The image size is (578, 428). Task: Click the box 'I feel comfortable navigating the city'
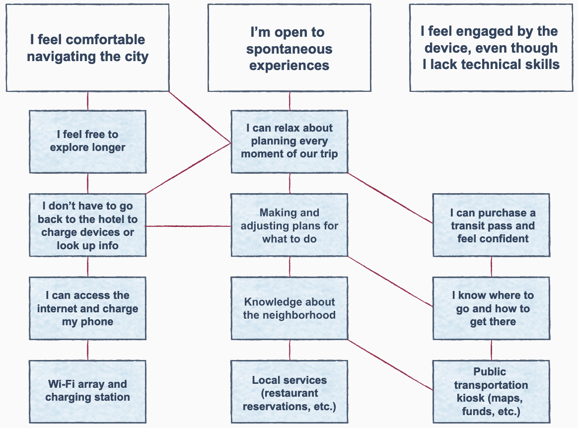click(x=87, y=48)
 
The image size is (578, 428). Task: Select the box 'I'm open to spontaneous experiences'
click(x=289, y=48)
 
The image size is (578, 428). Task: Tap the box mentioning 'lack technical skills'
click(x=491, y=48)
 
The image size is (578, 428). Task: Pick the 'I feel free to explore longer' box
click(x=87, y=141)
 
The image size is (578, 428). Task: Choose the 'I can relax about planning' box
click(x=289, y=141)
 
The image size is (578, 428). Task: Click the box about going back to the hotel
click(x=87, y=225)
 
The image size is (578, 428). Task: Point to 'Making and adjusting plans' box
click(x=289, y=225)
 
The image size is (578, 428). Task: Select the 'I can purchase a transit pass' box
click(x=491, y=225)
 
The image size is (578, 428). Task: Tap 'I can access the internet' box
click(x=87, y=308)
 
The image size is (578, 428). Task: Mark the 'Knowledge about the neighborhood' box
click(x=289, y=308)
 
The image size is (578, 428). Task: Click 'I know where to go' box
click(x=491, y=308)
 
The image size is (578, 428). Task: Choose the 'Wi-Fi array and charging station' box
click(x=87, y=391)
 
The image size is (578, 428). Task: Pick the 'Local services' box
click(x=289, y=393)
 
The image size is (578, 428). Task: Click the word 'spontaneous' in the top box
click(x=289, y=49)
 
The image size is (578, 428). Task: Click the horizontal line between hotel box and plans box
click(x=189, y=226)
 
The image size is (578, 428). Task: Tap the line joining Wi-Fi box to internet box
click(x=88, y=350)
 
